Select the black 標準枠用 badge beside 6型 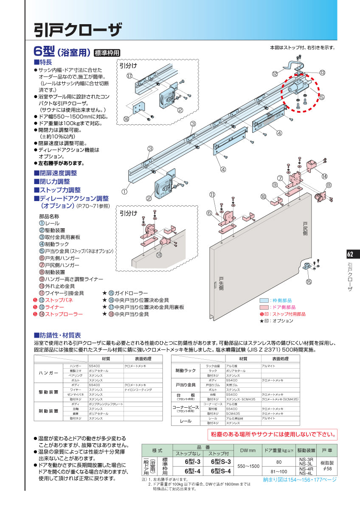tap(107, 53)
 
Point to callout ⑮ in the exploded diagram tap(309, 282)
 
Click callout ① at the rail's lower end tap(124, 192)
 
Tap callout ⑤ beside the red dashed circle tap(321, 97)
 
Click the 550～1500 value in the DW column tap(248, 466)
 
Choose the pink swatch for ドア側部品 tap(264, 307)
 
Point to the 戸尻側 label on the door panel tap(305, 229)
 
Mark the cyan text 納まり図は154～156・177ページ tap(299, 480)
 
